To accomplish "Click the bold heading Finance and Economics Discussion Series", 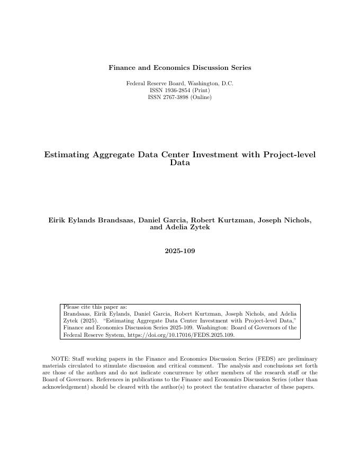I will pyautogui.click(x=179, y=68).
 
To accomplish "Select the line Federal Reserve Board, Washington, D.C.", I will pyautogui.click(x=179, y=84).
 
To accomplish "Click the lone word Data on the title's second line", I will pyautogui.click(x=179, y=163).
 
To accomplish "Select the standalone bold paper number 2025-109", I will pyautogui.click(x=179, y=251).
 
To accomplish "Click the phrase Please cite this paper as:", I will pyautogui.click(x=95, y=307).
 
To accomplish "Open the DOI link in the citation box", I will pyautogui.click(x=181, y=335).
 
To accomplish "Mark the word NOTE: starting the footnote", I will pyautogui.click(x=60, y=359).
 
